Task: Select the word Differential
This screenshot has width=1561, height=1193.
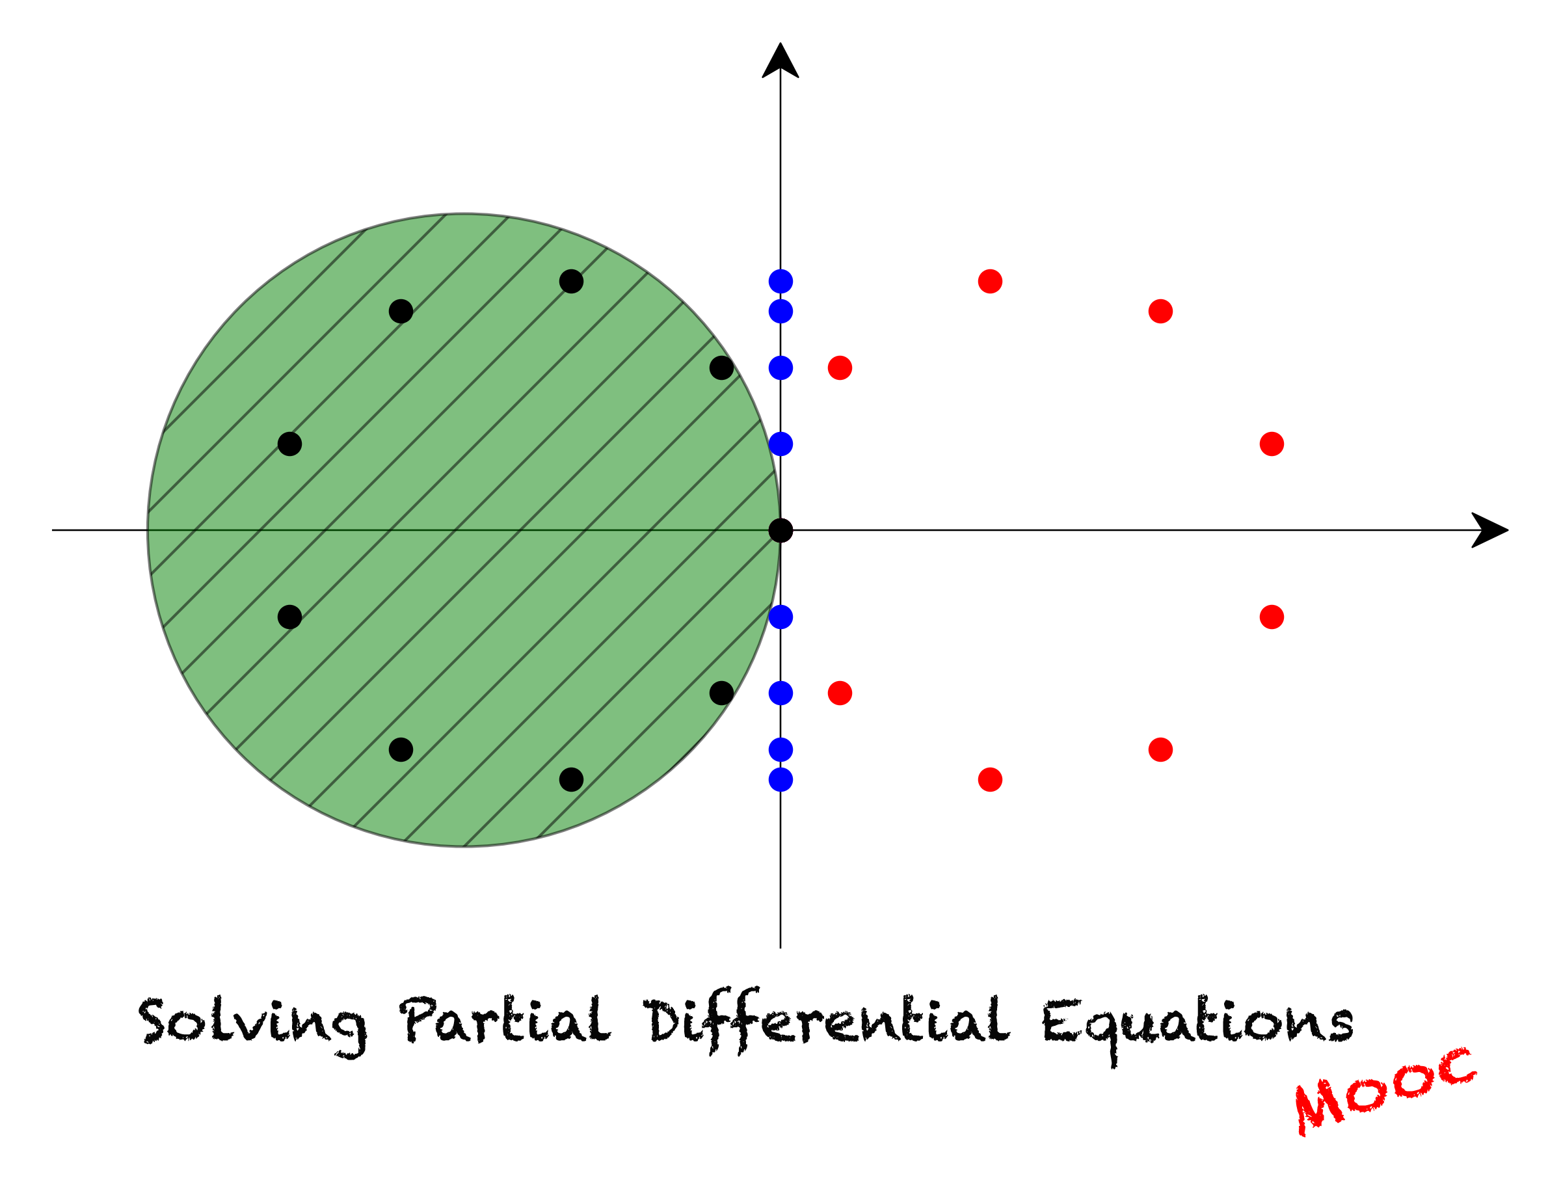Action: pos(827,1023)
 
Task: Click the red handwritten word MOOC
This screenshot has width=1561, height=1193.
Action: pos(1385,1091)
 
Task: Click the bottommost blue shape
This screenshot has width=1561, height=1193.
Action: pos(795,766)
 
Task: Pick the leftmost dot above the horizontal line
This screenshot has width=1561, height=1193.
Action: pos(289,444)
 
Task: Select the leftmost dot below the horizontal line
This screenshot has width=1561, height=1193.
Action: pos(289,617)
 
